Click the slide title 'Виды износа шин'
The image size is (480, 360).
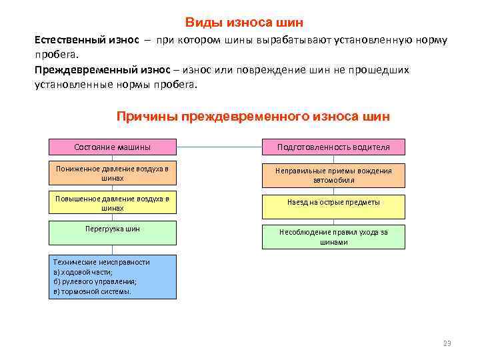click(x=243, y=23)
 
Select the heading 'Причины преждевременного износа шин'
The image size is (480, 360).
click(x=253, y=117)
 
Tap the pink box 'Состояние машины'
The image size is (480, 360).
click(x=113, y=147)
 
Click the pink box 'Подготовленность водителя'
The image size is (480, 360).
click(x=333, y=147)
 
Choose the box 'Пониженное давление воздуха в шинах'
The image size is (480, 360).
click(x=113, y=173)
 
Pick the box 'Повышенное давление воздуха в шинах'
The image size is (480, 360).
click(x=113, y=203)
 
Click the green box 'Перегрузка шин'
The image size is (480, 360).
click(x=113, y=232)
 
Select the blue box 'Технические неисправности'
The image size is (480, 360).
click(x=113, y=277)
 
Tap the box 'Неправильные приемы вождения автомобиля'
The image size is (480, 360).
click(x=333, y=175)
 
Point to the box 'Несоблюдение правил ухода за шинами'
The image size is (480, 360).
click(x=333, y=237)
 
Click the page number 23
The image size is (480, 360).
click(x=447, y=343)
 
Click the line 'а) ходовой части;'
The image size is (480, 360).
click(x=83, y=272)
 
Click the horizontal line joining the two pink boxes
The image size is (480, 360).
click(x=219, y=147)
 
